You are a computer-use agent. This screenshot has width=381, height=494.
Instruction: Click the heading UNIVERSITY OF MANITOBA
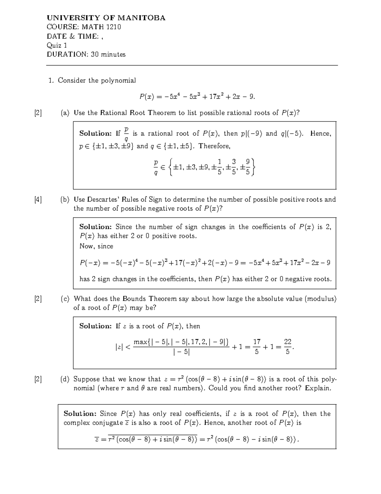pyautogui.click(x=106, y=18)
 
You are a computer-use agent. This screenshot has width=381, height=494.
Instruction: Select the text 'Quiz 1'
pyautogui.click(x=57, y=45)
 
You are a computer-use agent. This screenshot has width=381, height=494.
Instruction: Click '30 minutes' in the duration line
pyautogui.click(x=108, y=54)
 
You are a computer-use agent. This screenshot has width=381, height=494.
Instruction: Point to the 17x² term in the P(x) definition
pyautogui.click(x=214, y=96)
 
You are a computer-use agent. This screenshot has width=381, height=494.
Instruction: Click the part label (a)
pyautogui.click(x=65, y=113)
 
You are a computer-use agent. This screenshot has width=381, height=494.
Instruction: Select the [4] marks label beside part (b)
pyautogui.click(x=38, y=200)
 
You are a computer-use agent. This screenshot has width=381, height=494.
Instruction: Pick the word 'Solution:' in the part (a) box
pyautogui.click(x=95, y=134)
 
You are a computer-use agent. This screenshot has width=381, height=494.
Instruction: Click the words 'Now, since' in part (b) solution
pyautogui.click(x=96, y=246)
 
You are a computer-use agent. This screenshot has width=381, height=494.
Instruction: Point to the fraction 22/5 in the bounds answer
pyautogui.click(x=287, y=347)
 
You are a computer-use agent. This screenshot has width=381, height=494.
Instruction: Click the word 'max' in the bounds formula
pyautogui.click(x=141, y=342)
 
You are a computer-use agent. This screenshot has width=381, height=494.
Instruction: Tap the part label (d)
pyautogui.click(x=65, y=379)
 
